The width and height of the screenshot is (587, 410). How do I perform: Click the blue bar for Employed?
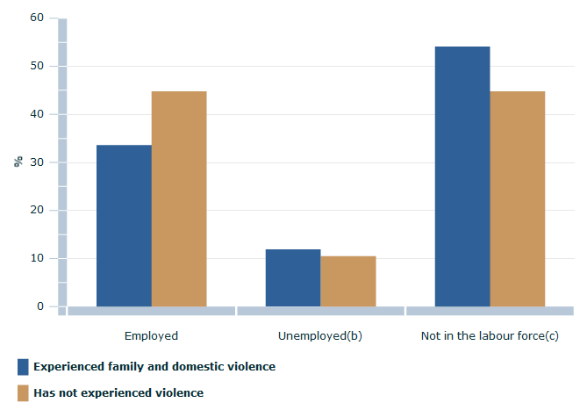pyautogui.click(x=124, y=226)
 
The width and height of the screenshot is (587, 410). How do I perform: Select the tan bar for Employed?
pyautogui.click(x=179, y=198)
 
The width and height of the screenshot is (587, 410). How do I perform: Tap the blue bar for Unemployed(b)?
pyautogui.click(x=293, y=277)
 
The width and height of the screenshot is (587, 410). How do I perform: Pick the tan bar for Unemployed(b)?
pyautogui.click(x=348, y=281)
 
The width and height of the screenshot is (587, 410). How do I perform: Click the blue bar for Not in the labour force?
pyautogui.click(x=462, y=176)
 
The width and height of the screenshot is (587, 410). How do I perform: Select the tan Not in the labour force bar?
pyautogui.click(x=518, y=198)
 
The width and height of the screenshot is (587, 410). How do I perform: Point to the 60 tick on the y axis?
pyautogui.click(x=37, y=18)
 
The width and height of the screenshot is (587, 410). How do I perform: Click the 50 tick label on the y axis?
pyautogui.click(x=37, y=66)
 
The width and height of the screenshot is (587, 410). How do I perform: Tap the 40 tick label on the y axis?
pyautogui.click(x=37, y=114)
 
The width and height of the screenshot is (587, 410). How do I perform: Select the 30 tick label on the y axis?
pyautogui.click(x=37, y=162)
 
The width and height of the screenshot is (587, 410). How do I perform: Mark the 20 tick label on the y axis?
pyautogui.click(x=37, y=211)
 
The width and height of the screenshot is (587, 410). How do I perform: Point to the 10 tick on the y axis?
pyautogui.click(x=37, y=258)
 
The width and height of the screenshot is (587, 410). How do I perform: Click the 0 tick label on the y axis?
pyautogui.click(x=40, y=306)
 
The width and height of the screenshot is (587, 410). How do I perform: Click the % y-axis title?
pyautogui.click(x=18, y=162)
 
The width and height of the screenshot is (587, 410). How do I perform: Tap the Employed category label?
pyautogui.click(x=151, y=335)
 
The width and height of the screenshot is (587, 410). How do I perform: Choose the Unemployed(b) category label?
pyautogui.click(x=320, y=335)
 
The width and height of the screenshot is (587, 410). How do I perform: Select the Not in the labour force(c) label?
pyautogui.click(x=490, y=335)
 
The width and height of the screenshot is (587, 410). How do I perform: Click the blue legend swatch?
pyautogui.click(x=23, y=366)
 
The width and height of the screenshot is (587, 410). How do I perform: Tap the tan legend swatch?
pyautogui.click(x=23, y=392)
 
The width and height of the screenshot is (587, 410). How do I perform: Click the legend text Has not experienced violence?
pyautogui.click(x=118, y=392)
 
